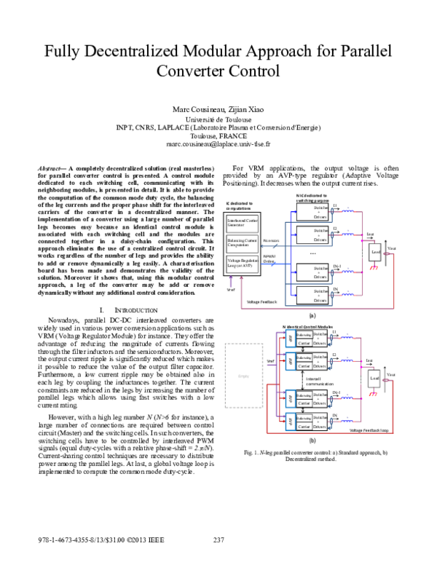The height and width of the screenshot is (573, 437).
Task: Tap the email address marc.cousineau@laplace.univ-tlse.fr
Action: pos(218,145)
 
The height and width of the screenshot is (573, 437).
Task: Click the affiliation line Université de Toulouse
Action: pos(218,118)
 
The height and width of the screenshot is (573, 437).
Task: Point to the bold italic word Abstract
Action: pos(52,168)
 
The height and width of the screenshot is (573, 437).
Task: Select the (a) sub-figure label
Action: pos(312,316)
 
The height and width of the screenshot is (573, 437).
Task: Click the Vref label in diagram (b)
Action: pos(269,360)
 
